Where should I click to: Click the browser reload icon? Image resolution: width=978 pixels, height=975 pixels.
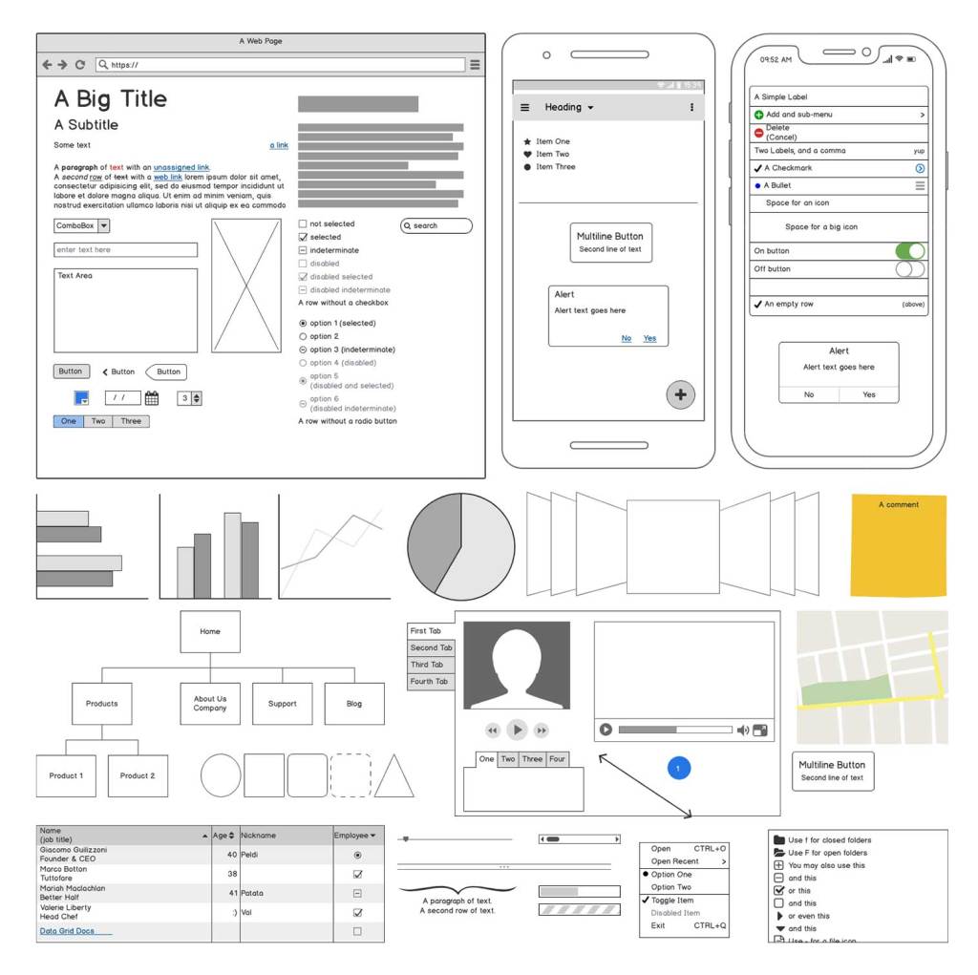[80, 65]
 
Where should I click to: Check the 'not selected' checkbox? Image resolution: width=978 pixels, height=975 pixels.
[303, 224]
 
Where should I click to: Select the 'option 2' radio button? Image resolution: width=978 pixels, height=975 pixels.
[303, 336]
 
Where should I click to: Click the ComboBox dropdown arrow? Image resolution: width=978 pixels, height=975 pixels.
[104, 226]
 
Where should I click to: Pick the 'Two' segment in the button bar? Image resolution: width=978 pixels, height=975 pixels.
[98, 421]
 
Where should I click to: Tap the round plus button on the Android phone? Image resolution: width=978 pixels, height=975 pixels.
[680, 394]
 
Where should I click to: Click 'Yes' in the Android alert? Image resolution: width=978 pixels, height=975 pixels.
[649, 338]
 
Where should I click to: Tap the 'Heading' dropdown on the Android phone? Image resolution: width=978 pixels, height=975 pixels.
[569, 108]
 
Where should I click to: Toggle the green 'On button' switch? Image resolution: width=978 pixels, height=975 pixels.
[909, 251]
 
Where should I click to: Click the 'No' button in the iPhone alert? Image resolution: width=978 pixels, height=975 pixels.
[809, 394]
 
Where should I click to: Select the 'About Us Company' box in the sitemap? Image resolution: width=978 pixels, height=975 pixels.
[210, 703]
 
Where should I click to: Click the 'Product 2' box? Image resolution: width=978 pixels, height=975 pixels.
[138, 775]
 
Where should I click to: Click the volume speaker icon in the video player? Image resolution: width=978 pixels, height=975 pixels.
[742, 731]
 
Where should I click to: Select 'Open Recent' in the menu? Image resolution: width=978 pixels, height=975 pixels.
[675, 861]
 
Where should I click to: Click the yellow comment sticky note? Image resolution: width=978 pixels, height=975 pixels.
[898, 544]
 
